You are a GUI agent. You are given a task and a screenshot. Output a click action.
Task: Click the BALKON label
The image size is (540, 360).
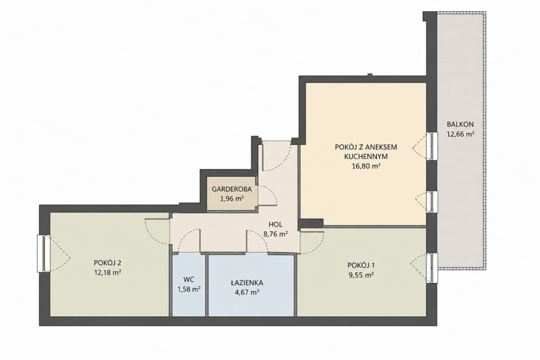click(x=460, y=124)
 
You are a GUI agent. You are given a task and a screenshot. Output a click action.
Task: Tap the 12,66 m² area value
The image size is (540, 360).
click(x=461, y=134)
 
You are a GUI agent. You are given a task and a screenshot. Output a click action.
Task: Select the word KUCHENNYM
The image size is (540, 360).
click(x=366, y=157)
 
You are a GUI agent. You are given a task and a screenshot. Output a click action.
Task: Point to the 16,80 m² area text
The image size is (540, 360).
click(x=366, y=166)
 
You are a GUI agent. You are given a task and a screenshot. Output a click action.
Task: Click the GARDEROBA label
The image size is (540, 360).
click(x=232, y=189)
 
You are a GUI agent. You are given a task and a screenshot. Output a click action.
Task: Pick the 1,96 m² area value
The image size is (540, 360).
click(x=232, y=199)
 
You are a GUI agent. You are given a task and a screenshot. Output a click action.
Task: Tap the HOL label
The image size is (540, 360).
click(x=275, y=225)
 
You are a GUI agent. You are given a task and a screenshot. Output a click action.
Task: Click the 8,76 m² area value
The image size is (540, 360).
click(x=275, y=234)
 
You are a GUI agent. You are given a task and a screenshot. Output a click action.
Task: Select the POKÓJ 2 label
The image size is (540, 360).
click(x=108, y=263)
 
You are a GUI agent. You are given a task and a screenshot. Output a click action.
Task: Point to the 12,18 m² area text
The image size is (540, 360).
click(x=108, y=273)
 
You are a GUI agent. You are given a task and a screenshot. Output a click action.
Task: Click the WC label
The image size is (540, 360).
click(x=189, y=280)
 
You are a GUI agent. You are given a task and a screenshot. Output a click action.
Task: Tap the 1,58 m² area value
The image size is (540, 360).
click(x=189, y=289)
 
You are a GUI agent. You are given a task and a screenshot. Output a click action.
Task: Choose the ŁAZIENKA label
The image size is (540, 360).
click(x=247, y=283)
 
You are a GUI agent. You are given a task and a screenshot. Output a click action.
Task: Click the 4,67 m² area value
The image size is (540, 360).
click(x=247, y=292)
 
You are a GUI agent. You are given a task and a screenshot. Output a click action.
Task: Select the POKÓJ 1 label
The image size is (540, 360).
click(x=361, y=265)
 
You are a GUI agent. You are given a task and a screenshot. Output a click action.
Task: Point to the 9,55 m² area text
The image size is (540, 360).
click(x=361, y=275)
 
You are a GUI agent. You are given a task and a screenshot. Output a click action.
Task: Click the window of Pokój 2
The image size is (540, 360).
click(x=44, y=253)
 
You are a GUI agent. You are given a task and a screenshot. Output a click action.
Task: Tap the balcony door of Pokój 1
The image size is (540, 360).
click(x=432, y=268)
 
